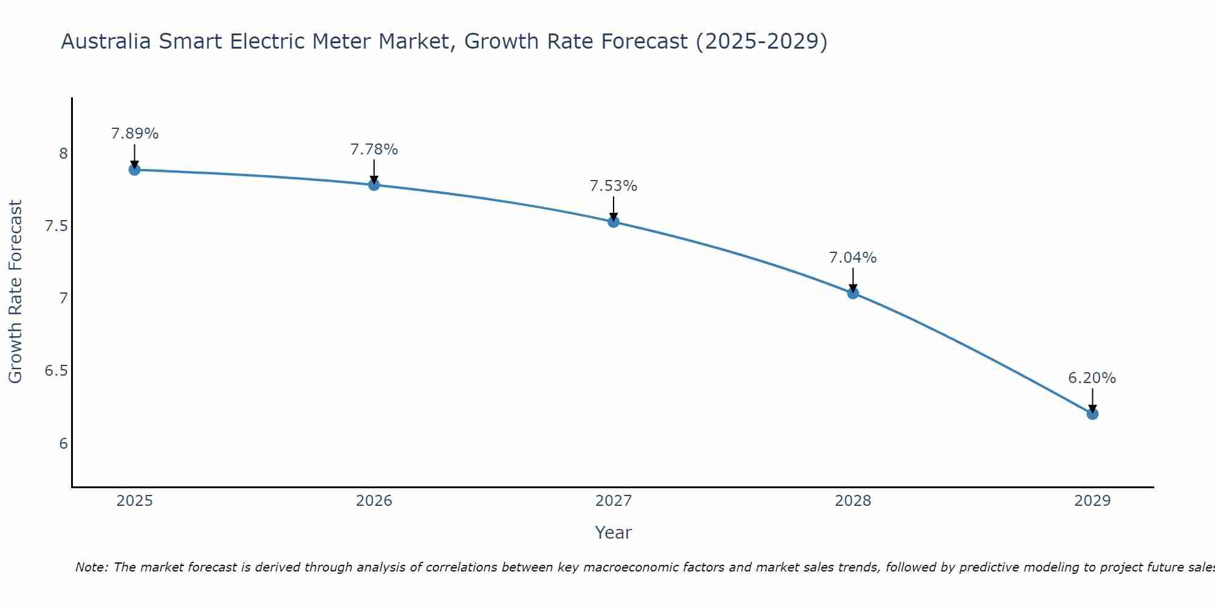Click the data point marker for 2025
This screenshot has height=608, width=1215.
135,170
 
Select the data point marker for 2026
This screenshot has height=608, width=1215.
374,185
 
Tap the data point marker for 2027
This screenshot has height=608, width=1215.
614,222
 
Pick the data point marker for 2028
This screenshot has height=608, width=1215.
853,293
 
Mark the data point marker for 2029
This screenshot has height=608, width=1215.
1092,414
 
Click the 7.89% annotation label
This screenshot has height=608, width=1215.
135,134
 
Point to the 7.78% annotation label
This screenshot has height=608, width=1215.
374,150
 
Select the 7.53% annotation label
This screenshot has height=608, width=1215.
614,186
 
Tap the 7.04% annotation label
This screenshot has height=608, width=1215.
853,258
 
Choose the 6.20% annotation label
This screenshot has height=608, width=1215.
1092,378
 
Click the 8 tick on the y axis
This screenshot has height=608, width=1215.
63,154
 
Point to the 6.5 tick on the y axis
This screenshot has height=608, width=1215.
56,371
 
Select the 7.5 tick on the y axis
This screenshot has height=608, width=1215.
56,226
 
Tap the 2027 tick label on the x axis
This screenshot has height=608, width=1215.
614,501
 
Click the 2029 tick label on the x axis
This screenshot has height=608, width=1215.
1092,501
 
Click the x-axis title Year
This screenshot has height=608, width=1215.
614,533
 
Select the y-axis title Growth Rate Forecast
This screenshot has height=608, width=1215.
15,292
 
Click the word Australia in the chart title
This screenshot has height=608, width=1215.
106,42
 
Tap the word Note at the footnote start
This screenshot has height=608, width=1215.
91,567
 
